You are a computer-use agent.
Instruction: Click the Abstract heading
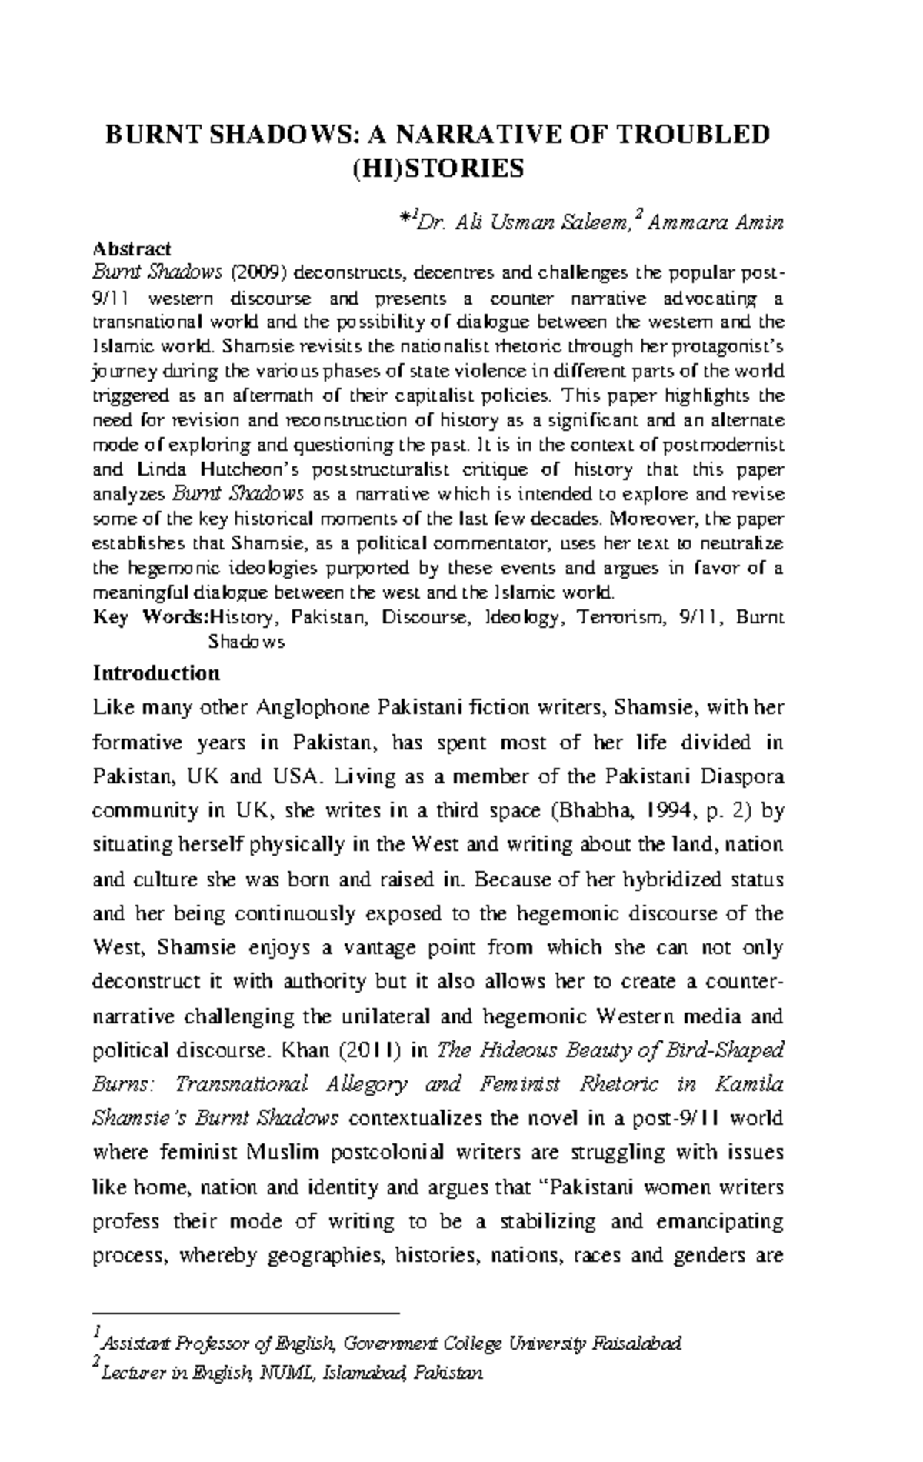point(132,249)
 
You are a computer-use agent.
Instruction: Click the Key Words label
point(151,618)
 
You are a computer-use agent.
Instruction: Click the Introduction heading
point(156,674)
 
